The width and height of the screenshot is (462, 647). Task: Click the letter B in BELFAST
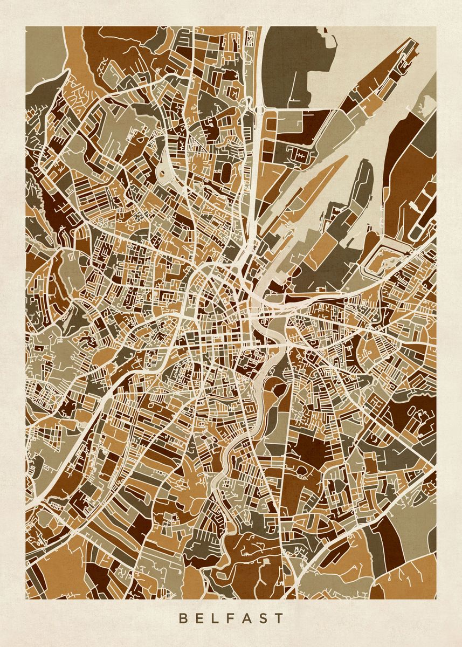pyautogui.click(x=183, y=618)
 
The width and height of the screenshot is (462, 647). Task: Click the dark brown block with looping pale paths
pyautogui.click(x=415, y=418)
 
